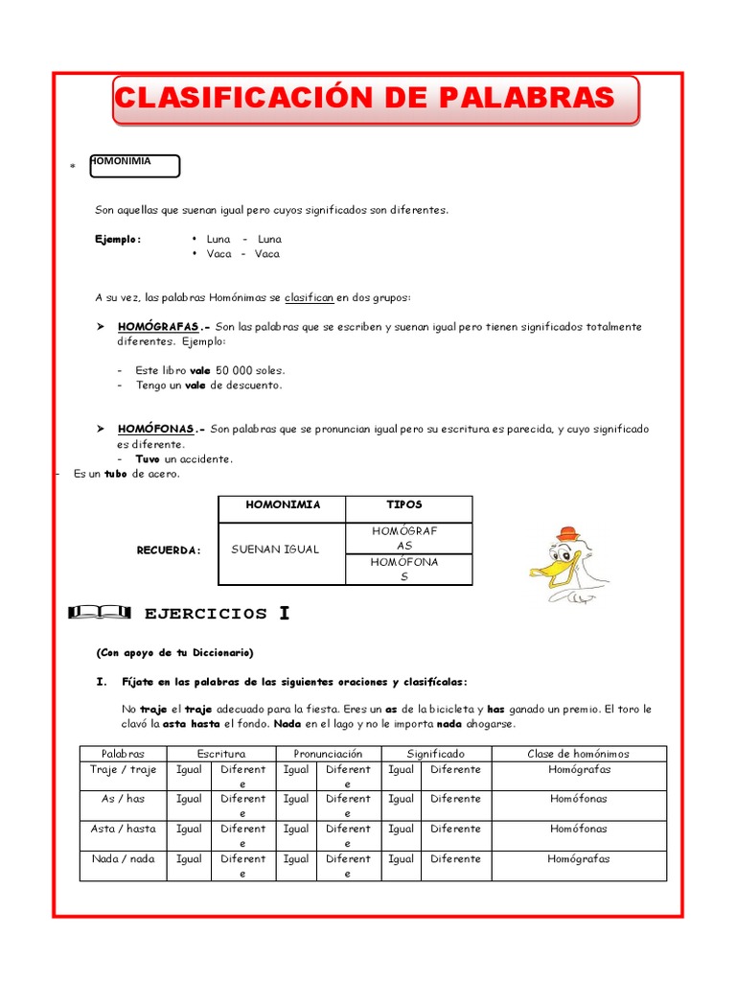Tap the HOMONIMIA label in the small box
[x=121, y=161]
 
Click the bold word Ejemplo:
[x=118, y=239]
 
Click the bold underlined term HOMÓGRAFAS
[x=157, y=327]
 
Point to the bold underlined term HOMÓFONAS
[x=155, y=429]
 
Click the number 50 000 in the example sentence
[x=236, y=370]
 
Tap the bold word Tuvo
[x=148, y=459]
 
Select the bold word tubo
[x=116, y=474]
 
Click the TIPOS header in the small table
[x=404, y=504]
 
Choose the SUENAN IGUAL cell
[x=276, y=549]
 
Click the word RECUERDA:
[x=170, y=550]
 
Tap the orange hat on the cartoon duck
[x=569, y=533]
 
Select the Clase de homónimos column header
[x=578, y=754]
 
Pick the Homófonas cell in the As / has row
[x=578, y=799]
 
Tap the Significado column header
[x=435, y=754]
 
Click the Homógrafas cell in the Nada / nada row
[x=578, y=859]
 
